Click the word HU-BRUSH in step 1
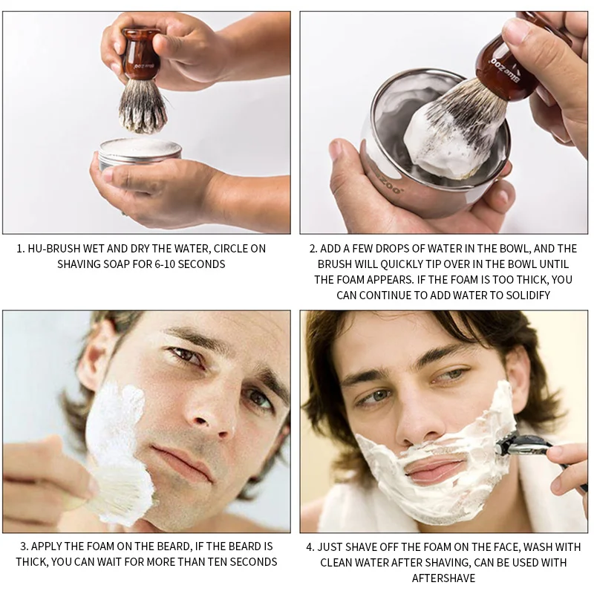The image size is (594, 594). coord(56,249)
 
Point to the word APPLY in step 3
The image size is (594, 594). coord(45,546)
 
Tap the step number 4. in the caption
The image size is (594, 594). coord(311,546)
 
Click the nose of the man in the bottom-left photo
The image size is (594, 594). coord(216,408)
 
